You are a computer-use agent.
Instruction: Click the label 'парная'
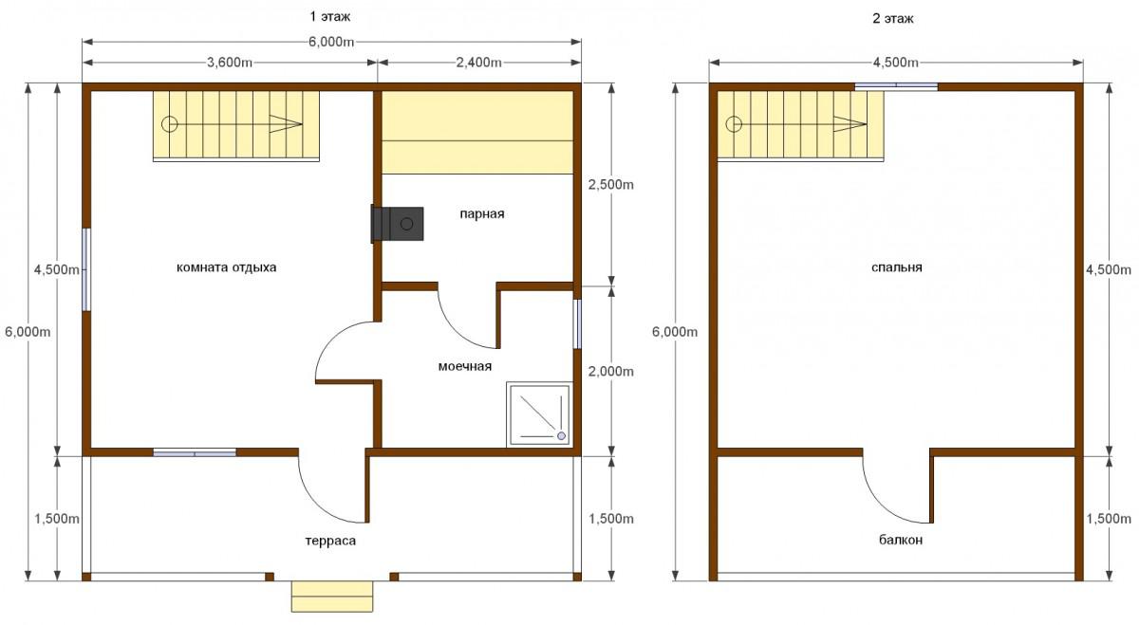[x=482, y=214]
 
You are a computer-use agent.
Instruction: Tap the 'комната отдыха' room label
[x=226, y=267]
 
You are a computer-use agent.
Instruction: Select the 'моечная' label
[x=465, y=366]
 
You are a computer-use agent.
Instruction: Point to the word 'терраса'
[x=330, y=541]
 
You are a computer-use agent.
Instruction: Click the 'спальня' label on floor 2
[x=896, y=267]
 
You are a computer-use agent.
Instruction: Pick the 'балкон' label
[x=901, y=540]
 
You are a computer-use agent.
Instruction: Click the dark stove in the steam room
[x=397, y=224]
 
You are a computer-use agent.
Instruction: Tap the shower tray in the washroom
[x=539, y=414]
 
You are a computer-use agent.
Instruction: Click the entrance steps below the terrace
[x=332, y=597]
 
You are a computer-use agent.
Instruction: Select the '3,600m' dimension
[x=230, y=63]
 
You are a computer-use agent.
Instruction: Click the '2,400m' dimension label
[x=479, y=63]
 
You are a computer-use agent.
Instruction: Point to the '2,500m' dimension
[x=610, y=184]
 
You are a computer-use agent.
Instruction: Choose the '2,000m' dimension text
[x=610, y=372]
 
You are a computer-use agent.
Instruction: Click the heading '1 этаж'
[x=330, y=17]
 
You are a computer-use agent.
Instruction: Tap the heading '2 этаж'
[x=893, y=19]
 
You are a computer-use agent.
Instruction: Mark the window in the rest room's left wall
[x=86, y=269]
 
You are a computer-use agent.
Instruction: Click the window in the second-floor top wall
[x=896, y=87]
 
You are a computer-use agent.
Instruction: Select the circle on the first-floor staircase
[x=169, y=124]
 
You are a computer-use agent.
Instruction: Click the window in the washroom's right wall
[x=578, y=324]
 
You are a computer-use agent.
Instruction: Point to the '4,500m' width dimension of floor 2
[x=895, y=63]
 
